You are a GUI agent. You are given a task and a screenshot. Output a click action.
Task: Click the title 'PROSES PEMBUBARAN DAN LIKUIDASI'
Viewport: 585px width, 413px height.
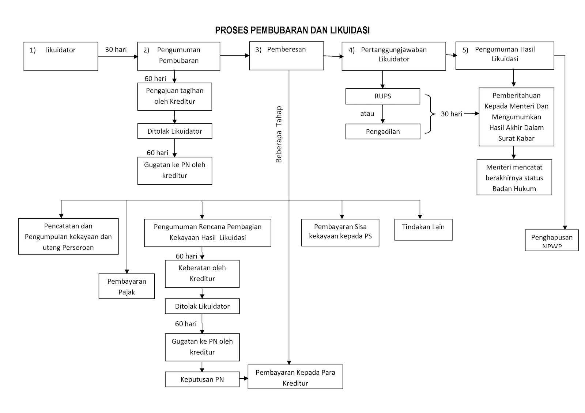[292, 30]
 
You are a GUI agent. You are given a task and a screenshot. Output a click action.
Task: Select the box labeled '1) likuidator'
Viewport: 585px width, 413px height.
[61, 56]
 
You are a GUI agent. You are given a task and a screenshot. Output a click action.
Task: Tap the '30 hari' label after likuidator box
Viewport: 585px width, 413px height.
[116, 50]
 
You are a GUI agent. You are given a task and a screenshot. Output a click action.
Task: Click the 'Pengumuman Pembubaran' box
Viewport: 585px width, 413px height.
[178, 56]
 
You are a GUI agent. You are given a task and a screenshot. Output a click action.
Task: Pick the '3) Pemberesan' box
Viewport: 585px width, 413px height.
[286, 56]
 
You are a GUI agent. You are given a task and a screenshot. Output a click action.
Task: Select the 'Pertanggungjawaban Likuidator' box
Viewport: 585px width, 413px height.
[393, 56]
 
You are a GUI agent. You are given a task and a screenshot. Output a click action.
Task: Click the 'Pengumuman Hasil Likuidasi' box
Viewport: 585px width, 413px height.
[505, 56]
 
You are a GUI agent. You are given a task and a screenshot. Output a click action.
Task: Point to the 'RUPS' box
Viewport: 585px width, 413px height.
[382, 96]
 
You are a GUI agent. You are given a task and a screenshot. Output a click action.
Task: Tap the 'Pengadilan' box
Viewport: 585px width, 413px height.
[382, 132]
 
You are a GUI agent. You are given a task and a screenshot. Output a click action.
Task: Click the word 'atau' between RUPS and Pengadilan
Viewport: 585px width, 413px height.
[367, 114]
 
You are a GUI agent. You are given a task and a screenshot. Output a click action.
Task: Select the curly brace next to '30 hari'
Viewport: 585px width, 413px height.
[430, 114]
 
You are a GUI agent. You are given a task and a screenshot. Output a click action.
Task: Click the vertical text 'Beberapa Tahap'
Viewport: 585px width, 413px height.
[279, 134]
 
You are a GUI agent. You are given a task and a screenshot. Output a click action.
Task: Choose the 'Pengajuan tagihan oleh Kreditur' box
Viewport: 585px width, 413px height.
[174, 96]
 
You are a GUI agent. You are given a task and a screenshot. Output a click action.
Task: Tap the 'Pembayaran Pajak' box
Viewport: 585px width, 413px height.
[127, 286]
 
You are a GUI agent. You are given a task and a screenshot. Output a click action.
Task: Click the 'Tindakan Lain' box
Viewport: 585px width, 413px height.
[423, 229]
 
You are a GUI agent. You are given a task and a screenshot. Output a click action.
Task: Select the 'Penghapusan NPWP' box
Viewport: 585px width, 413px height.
[552, 240]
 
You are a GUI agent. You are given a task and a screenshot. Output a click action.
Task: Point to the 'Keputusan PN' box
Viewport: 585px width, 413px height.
[202, 379]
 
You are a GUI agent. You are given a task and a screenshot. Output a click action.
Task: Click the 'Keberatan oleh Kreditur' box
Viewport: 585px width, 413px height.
[202, 274]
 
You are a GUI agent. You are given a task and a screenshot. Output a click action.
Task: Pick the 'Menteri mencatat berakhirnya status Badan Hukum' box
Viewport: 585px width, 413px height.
[514, 177]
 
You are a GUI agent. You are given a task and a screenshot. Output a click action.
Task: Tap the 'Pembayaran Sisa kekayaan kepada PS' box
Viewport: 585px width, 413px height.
[340, 232]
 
